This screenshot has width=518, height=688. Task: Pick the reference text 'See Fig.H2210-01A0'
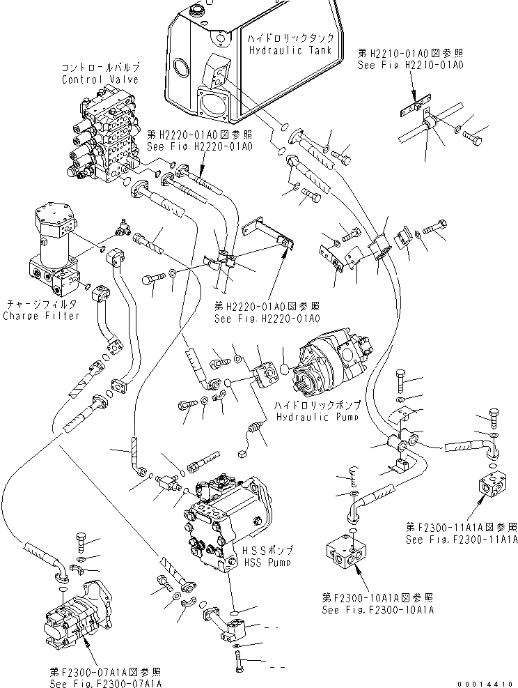[x=411, y=65]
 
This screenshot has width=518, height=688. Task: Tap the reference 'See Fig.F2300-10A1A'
[x=377, y=609]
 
